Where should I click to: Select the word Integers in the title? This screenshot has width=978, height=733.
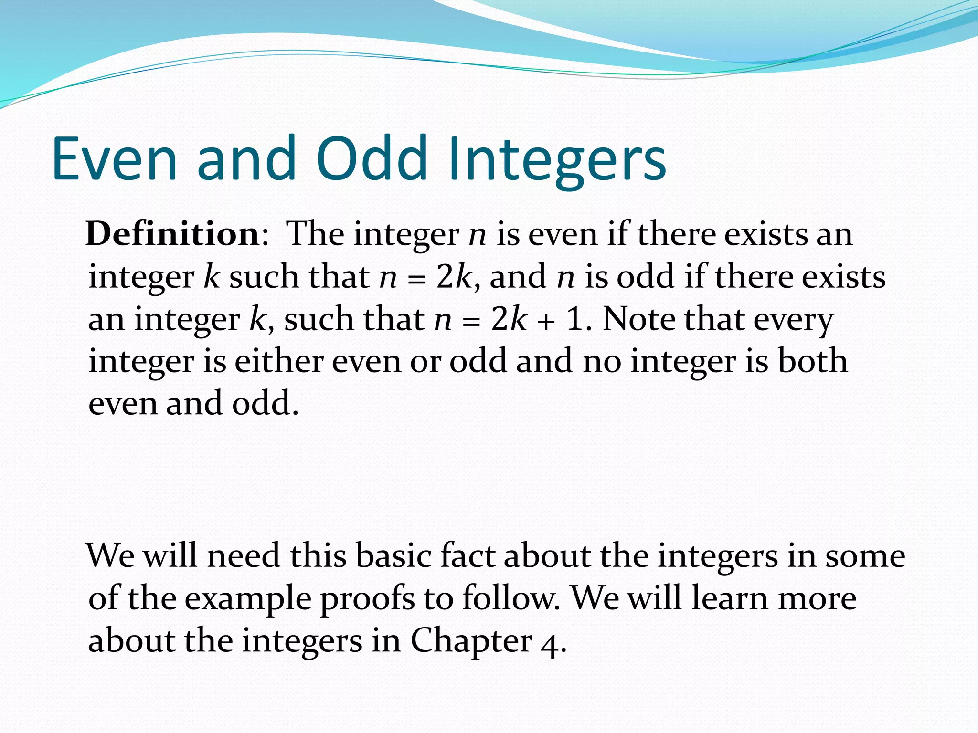[x=557, y=160]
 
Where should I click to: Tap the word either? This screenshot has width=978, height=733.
[x=279, y=361]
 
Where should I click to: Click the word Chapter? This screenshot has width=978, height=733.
[x=471, y=640]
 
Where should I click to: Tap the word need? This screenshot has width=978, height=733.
[x=244, y=556]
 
